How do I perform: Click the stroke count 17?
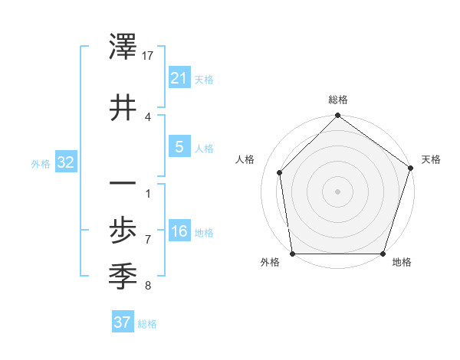(148, 56)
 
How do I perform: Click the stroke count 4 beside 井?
(148, 116)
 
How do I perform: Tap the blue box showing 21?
(179, 77)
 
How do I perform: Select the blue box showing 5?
(179, 147)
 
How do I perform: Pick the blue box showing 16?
(179, 232)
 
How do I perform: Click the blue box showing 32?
(65, 162)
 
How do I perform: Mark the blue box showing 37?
(123, 322)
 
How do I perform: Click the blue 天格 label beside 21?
(204, 79)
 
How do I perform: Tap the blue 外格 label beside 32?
(41, 163)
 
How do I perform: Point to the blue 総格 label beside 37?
(147, 324)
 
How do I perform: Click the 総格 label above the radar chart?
(337, 100)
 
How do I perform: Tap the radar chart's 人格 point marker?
(280, 172)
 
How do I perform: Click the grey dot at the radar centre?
(337, 191)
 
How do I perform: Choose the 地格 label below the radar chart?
(402, 263)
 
